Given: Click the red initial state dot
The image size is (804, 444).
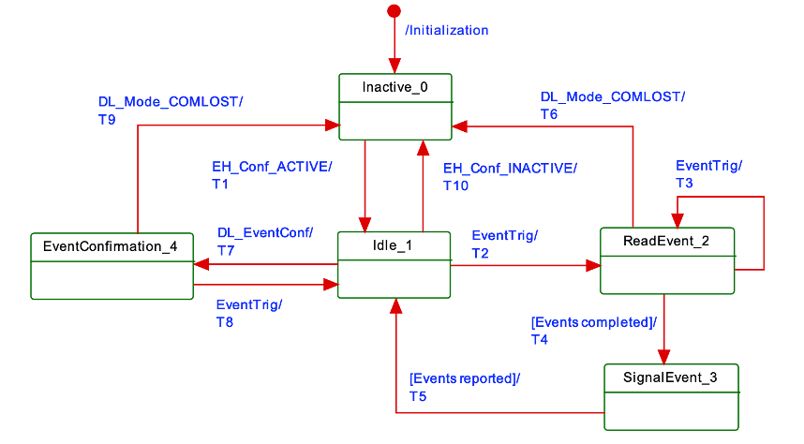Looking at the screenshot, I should [x=394, y=11].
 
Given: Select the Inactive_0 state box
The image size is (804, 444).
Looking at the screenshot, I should [x=395, y=105].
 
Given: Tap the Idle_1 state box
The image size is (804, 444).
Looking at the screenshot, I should [x=395, y=265].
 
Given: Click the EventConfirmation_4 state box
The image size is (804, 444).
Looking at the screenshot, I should [x=112, y=266].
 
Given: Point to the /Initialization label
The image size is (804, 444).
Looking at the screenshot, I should [x=447, y=30].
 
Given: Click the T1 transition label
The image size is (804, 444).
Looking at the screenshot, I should [x=220, y=185].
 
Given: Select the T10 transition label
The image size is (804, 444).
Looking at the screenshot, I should [x=454, y=185].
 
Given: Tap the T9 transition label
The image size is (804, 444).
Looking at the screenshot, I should [x=108, y=119].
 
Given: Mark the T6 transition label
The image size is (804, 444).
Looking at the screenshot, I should [x=549, y=113].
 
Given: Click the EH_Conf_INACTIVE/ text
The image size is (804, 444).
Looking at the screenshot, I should [x=511, y=169].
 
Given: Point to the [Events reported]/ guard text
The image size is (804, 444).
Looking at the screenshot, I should [x=465, y=379].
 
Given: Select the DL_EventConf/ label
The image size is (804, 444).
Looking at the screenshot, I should [x=265, y=233].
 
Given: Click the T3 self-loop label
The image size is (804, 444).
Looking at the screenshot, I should [x=685, y=183].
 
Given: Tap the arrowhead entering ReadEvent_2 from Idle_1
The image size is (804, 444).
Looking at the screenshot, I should [x=592, y=266].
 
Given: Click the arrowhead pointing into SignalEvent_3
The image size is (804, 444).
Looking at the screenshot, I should [x=664, y=356].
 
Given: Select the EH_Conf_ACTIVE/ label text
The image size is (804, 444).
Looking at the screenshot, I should [x=272, y=168].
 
